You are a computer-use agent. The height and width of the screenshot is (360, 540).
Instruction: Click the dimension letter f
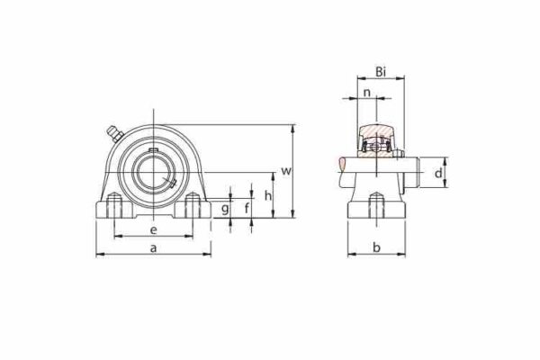[x=247, y=208]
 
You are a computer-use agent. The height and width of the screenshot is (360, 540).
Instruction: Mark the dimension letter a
[x=153, y=246]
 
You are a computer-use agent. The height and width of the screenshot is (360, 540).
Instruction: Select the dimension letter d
[x=437, y=173]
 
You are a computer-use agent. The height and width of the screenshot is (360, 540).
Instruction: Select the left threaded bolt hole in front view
[x=113, y=208]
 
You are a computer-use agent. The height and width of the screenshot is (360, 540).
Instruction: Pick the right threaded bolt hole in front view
[x=191, y=208]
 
